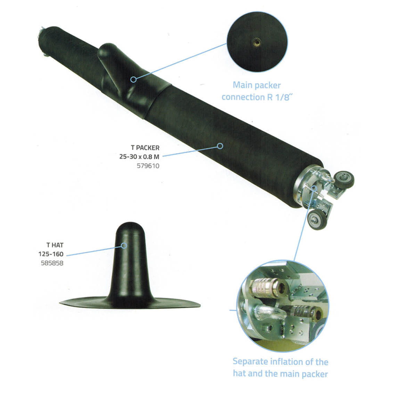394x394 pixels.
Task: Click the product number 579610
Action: tap(148, 166)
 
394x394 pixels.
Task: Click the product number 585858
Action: tap(52, 263)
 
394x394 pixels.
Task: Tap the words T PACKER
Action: tap(145, 148)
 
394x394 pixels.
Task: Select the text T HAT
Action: tap(55, 245)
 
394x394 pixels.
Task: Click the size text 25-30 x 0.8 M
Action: tap(139, 157)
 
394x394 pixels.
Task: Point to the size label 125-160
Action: tap(51, 254)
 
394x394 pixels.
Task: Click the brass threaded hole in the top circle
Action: tap(256, 41)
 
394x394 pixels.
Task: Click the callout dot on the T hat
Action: tap(124, 246)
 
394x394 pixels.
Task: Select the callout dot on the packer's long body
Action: tap(220, 146)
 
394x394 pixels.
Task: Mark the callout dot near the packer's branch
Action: tap(133, 80)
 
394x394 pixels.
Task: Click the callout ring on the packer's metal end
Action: tap(314, 188)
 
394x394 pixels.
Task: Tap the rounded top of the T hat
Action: tap(130, 228)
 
